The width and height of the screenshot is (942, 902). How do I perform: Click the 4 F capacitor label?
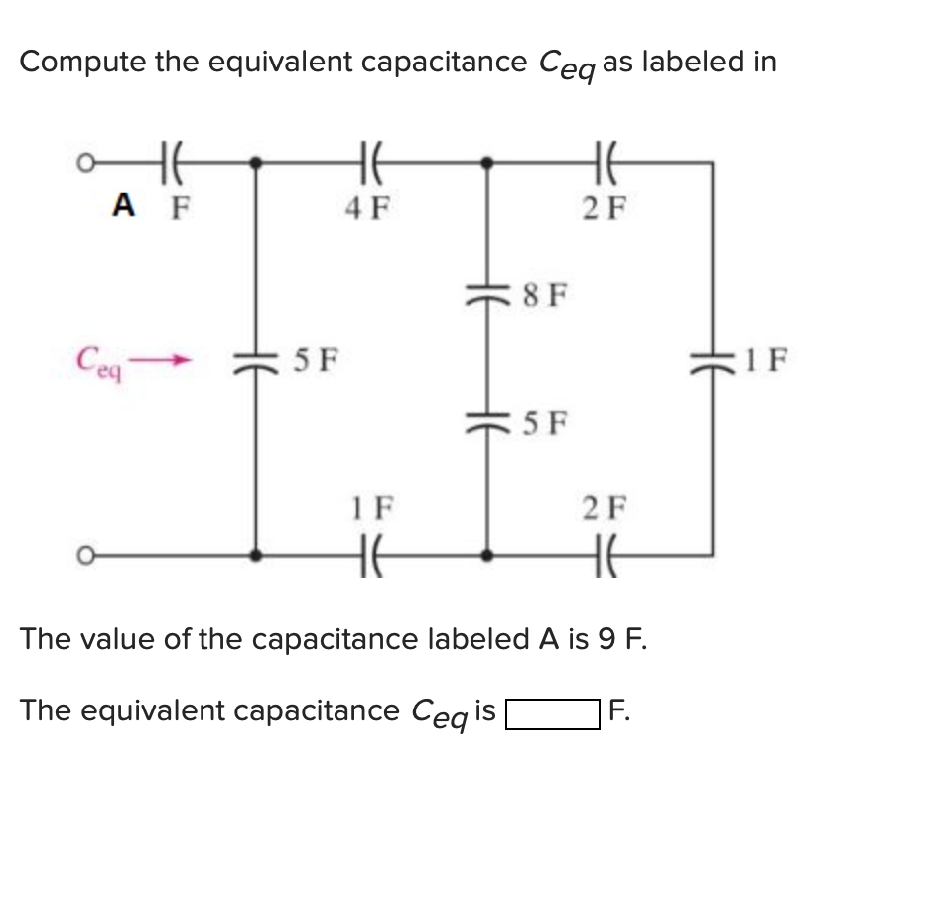(367, 208)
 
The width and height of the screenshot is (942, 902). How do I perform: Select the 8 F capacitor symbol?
(486, 293)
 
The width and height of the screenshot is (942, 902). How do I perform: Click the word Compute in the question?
(85, 62)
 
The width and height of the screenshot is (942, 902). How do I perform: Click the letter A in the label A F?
(123, 205)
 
